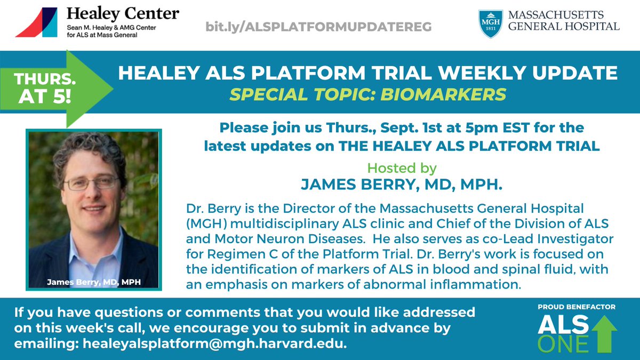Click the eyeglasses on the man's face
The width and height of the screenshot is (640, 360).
point(92,182)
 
